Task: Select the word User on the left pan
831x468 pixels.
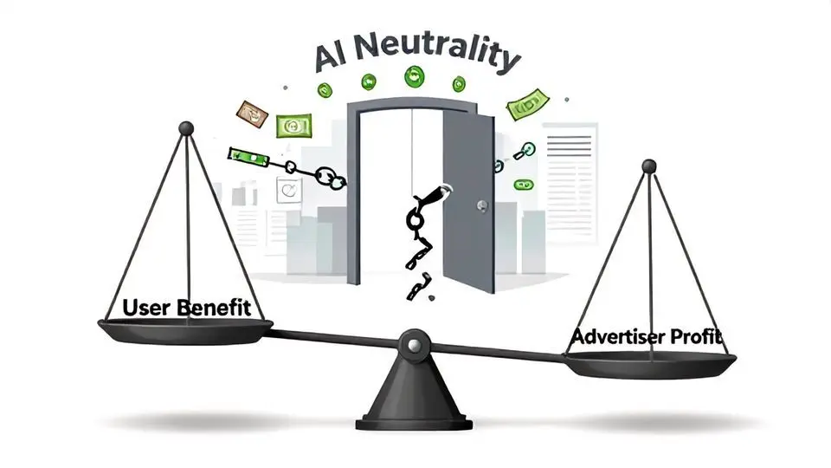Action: click(x=148, y=308)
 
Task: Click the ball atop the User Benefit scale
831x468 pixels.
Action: click(x=185, y=129)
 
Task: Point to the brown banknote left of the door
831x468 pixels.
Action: click(x=252, y=111)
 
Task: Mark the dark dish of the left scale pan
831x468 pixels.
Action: click(x=184, y=329)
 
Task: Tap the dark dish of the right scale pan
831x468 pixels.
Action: click(x=649, y=364)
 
